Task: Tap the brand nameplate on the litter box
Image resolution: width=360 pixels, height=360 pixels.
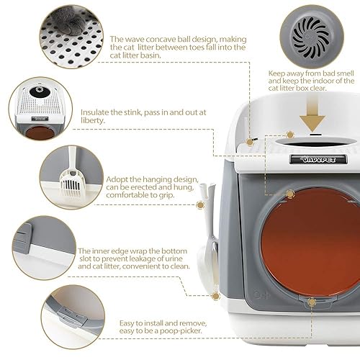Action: [x=318, y=160]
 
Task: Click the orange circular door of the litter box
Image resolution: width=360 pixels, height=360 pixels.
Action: [x=310, y=242]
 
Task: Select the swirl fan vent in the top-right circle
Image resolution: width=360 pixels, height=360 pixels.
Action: [x=312, y=38]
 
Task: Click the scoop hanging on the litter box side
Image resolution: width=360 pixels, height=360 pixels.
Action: [x=208, y=240]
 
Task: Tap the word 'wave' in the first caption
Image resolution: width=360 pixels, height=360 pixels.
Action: [x=135, y=39]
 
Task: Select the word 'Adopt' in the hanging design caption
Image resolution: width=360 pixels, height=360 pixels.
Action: [x=117, y=180]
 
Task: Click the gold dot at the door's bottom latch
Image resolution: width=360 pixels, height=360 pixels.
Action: [x=312, y=302]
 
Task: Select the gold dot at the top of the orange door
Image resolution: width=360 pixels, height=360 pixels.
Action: [x=290, y=194]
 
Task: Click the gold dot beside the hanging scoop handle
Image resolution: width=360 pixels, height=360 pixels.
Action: [x=200, y=204]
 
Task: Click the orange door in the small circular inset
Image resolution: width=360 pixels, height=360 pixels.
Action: [x=40, y=133]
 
